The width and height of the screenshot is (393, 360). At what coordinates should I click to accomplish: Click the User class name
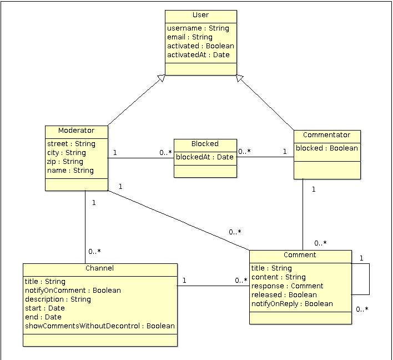(200, 15)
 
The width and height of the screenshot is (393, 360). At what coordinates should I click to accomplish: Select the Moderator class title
(76, 131)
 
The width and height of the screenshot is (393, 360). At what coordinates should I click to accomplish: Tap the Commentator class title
(326, 135)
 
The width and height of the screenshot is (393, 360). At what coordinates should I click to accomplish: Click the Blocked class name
(205, 144)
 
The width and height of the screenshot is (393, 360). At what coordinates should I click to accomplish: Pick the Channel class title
(100, 268)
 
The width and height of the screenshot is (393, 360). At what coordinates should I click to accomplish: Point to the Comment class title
(300, 255)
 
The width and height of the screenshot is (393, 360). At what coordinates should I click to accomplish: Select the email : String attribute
(189, 37)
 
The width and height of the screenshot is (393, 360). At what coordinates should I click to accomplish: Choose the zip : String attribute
(65, 162)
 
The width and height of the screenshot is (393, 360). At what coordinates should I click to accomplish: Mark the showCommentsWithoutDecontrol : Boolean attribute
(100, 326)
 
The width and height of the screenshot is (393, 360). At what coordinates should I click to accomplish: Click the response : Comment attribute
(287, 286)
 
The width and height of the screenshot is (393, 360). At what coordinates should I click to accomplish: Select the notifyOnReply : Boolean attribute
(292, 304)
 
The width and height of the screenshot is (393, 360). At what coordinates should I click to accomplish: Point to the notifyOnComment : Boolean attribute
(73, 291)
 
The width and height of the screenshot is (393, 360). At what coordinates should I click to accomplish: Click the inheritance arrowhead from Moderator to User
(161, 79)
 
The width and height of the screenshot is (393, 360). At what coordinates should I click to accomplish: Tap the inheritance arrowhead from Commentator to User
(240, 79)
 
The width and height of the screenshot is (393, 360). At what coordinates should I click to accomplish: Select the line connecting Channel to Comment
(213, 286)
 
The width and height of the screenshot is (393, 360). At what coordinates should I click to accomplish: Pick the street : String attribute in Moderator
(71, 144)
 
